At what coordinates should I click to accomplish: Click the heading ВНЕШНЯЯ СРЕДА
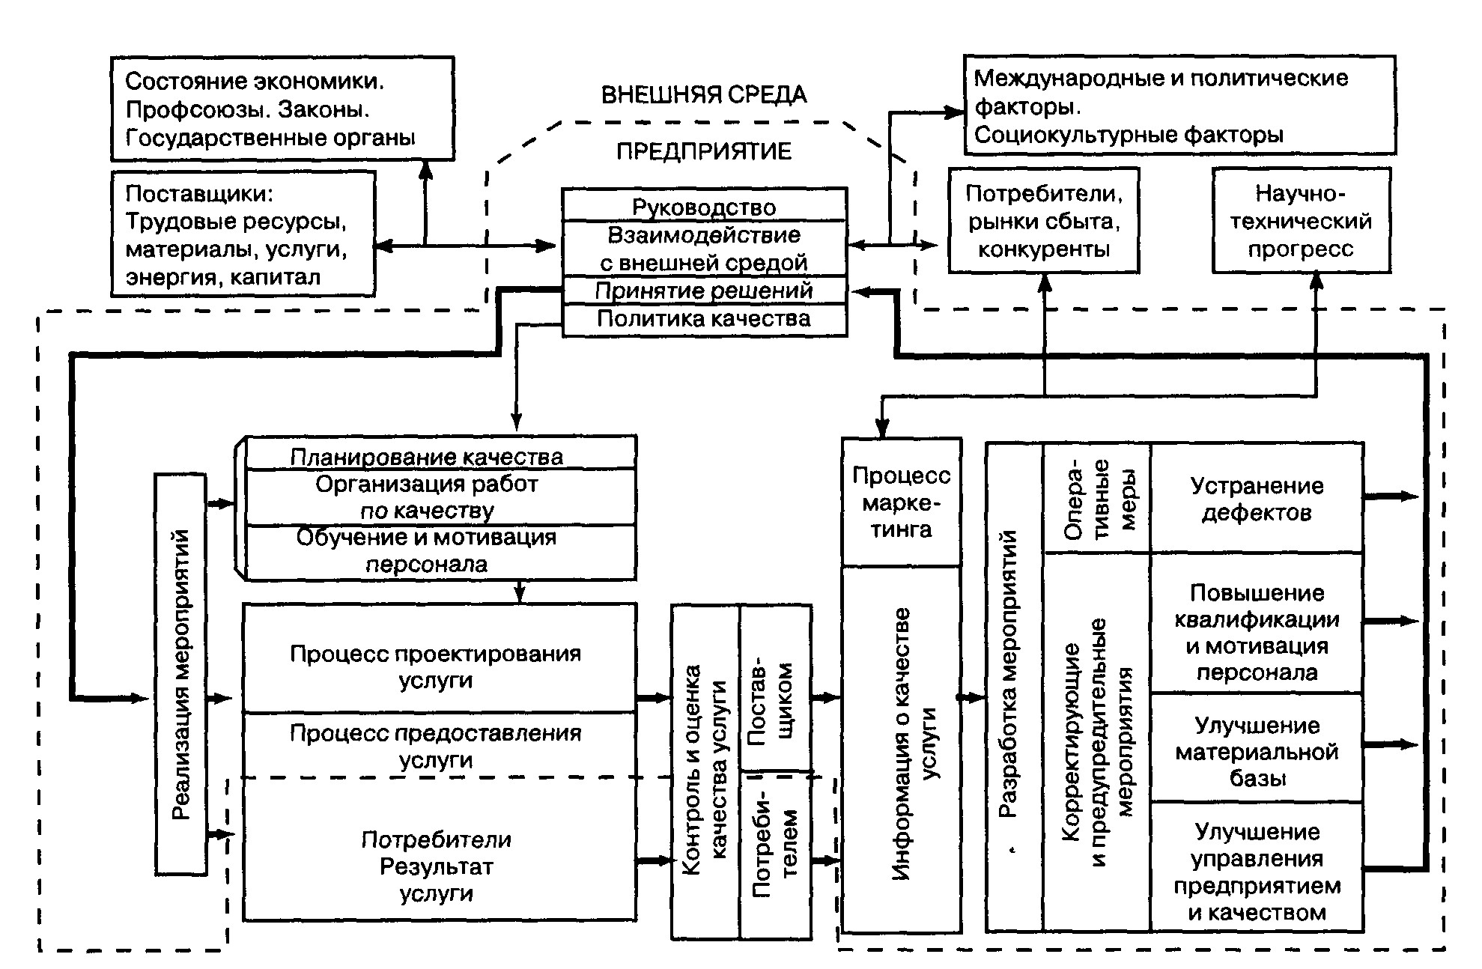coord(704,95)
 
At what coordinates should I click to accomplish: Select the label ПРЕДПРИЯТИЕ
coord(704,151)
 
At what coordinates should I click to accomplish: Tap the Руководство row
coord(704,206)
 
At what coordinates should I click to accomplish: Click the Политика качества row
coord(704,320)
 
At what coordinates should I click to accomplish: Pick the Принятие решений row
coord(704,291)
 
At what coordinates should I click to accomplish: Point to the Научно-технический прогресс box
coord(1301,221)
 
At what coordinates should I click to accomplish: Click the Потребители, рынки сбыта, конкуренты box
coord(1043,221)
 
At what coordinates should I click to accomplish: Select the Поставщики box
coord(243,234)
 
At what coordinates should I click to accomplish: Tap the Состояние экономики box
coord(282,109)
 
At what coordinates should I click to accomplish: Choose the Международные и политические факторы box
coord(1179,106)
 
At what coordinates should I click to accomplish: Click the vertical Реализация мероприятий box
coord(180,674)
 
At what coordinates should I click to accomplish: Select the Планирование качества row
coord(427,456)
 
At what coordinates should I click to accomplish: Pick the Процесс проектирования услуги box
coord(436,666)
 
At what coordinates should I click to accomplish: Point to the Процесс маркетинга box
coord(901,502)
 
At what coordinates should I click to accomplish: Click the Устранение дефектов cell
coord(1257,499)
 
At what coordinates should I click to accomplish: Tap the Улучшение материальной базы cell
coord(1257,751)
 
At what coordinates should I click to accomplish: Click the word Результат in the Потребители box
coord(436,866)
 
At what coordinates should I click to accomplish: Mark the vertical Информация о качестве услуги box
coord(901,749)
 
